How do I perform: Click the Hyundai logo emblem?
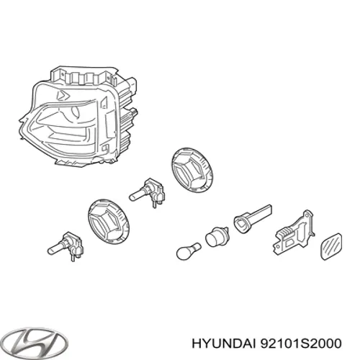pyautogui.click(x=37, y=343)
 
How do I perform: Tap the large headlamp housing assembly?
pyautogui.click(x=78, y=117)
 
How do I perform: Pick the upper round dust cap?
pyautogui.click(x=192, y=171)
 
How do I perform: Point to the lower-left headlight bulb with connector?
pyautogui.click(x=66, y=246)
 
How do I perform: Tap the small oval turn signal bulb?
pyautogui.click(x=189, y=251)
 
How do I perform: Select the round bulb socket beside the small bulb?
pyautogui.click(x=217, y=237)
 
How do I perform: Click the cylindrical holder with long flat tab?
pyautogui.click(x=252, y=219)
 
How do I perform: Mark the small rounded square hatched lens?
pyautogui.click(x=331, y=246)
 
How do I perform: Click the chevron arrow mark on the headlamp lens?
pyautogui.click(x=63, y=96)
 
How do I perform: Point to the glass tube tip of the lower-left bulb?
pyautogui.click(x=54, y=250)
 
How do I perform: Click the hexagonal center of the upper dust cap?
pyautogui.click(x=189, y=171)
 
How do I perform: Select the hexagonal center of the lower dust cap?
pyautogui.click(x=107, y=223)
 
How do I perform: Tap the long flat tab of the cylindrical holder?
pyautogui.click(x=261, y=212)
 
